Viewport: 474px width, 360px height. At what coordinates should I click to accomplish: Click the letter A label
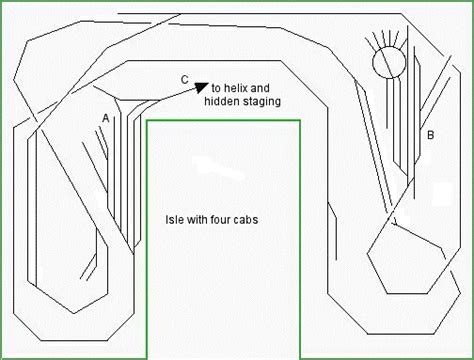pos(105,118)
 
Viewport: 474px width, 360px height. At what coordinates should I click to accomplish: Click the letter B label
pos(430,135)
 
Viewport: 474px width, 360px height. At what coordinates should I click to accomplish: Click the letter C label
pos(185,80)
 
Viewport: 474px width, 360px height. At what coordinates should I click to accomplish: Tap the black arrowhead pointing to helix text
pos(201,87)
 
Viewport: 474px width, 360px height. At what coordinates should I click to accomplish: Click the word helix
pos(235,88)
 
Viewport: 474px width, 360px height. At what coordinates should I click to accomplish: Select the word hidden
pos(220,101)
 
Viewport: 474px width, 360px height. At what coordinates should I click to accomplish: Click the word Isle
pos(174,220)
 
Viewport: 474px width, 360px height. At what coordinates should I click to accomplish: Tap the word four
pos(220,220)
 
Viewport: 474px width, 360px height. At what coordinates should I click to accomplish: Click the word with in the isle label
pos(196,220)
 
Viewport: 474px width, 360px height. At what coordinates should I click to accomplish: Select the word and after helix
pos(260,88)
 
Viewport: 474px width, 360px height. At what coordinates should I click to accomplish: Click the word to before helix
pos(216,88)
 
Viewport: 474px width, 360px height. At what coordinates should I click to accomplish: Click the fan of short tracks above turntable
pos(387,38)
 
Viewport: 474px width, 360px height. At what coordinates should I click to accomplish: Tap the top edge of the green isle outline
pos(223,120)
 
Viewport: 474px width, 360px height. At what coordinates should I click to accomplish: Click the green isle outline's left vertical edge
pos(147,239)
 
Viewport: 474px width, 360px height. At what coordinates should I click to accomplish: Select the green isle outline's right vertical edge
pos(300,239)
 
